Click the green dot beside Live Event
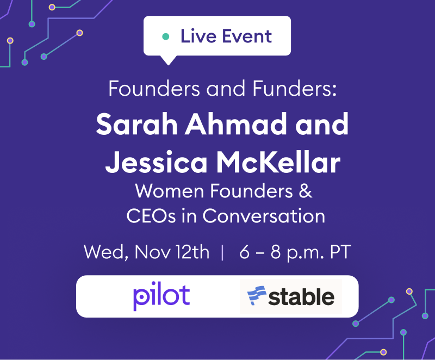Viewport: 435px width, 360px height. click(x=166, y=36)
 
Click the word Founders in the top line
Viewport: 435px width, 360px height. click(x=154, y=89)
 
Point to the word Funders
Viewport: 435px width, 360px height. click(x=294, y=89)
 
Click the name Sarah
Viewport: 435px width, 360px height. click(x=137, y=124)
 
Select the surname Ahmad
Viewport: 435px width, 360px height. click(x=236, y=124)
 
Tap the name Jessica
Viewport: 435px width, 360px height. click(x=156, y=162)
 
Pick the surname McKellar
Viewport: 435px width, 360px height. click(x=278, y=162)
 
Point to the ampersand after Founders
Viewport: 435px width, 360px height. click(x=306, y=191)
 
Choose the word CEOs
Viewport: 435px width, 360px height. click(x=151, y=216)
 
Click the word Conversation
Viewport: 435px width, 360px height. click(x=264, y=216)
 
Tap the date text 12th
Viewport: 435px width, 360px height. click(x=192, y=252)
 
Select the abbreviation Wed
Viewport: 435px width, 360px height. click(x=106, y=252)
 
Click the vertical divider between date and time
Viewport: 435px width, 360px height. click(x=222, y=252)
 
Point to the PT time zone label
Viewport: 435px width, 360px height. click(x=340, y=252)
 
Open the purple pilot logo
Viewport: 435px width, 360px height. click(x=161, y=296)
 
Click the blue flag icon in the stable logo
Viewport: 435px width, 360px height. click(x=257, y=296)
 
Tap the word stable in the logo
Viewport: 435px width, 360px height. click(x=301, y=297)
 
